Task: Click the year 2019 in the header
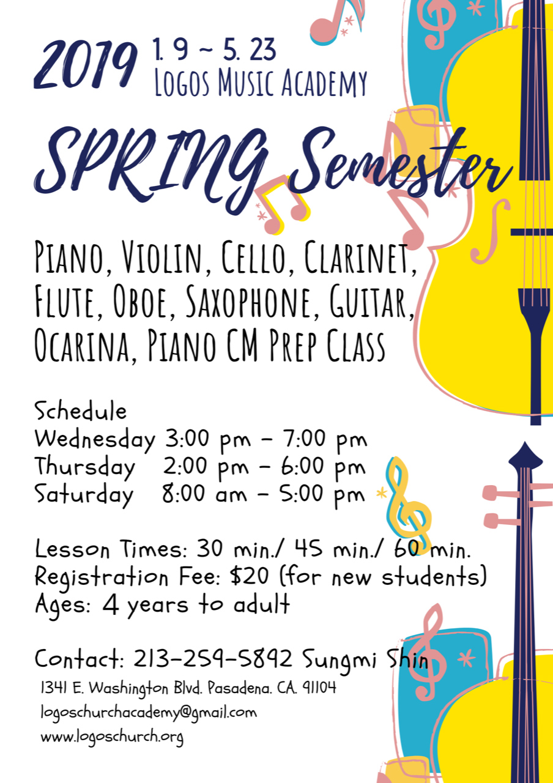(85, 65)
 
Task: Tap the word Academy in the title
(324, 83)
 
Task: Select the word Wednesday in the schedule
(94, 439)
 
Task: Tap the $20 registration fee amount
(249, 576)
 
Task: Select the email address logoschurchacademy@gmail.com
(149, 713)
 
